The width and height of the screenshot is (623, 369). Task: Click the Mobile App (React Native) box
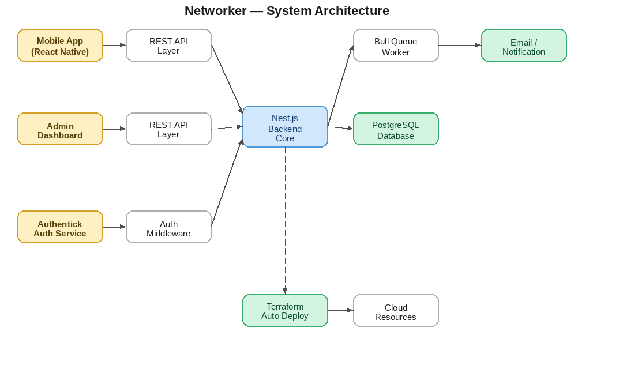(60, 46)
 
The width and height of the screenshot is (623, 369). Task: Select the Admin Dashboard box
(60, 129)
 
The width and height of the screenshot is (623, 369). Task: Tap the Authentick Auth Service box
(60, 227)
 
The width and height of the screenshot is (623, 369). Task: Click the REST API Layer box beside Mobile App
(168, 46)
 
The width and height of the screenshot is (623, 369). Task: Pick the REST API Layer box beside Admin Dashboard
(168, 129)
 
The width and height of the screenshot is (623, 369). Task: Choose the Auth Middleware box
(168, 227)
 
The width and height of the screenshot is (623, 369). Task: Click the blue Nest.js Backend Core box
(285, 127)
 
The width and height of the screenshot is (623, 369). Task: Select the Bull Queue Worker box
(396, 46)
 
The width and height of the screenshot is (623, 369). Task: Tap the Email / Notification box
(524, 46)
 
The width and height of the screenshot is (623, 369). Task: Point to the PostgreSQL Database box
(396, 129)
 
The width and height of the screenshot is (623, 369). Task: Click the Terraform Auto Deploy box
(285, 311)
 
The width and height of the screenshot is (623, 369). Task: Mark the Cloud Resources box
(396, 311)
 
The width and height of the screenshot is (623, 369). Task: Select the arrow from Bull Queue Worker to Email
(460, 46)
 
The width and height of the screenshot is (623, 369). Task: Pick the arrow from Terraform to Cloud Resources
(340, 311)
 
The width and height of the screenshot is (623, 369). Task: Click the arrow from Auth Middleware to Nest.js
(227, 183)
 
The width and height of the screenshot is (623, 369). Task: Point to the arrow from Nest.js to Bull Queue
(340, 86)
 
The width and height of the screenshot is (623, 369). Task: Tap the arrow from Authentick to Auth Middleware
(114, 227)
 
